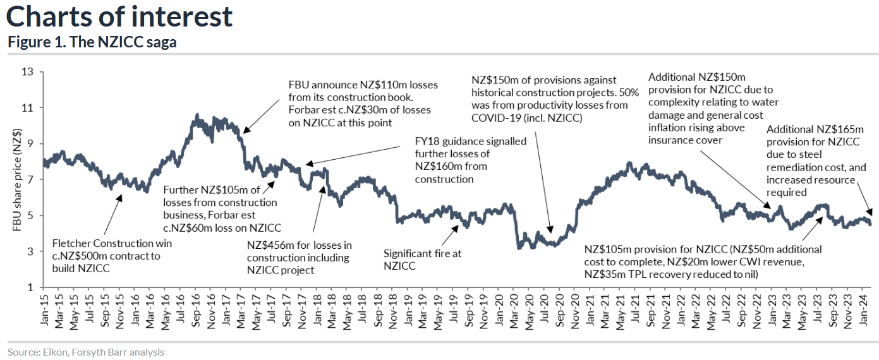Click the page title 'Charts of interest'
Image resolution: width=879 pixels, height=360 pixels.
pyautogui.click(x=119, y=16)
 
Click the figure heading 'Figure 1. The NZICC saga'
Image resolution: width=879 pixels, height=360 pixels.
pyautogui.click(x=92, y=43)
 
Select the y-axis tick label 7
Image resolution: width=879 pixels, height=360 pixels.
pyautogui.click(x=29, y=179)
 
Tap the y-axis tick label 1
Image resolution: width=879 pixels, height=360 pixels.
pyautogui.click(x=29, y=287)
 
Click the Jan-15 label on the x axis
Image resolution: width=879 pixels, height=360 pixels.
pyautogui.click(x=44, y=311)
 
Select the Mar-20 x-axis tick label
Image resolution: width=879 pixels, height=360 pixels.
pyautogui.click(x=516, y=311)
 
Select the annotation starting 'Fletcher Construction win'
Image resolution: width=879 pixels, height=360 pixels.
pyautogui.click(x=112, y=255)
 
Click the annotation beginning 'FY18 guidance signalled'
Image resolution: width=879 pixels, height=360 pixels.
pyautogui.click(x=470, y=160)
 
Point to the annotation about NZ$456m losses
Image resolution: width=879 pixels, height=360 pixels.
pyautogui.click(x=299, y=258)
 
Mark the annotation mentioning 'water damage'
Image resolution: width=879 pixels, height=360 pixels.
pyautogui.click(x=713, y=108)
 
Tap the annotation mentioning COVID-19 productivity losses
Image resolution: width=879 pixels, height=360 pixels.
pyautogui.click(x=549, y=99)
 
